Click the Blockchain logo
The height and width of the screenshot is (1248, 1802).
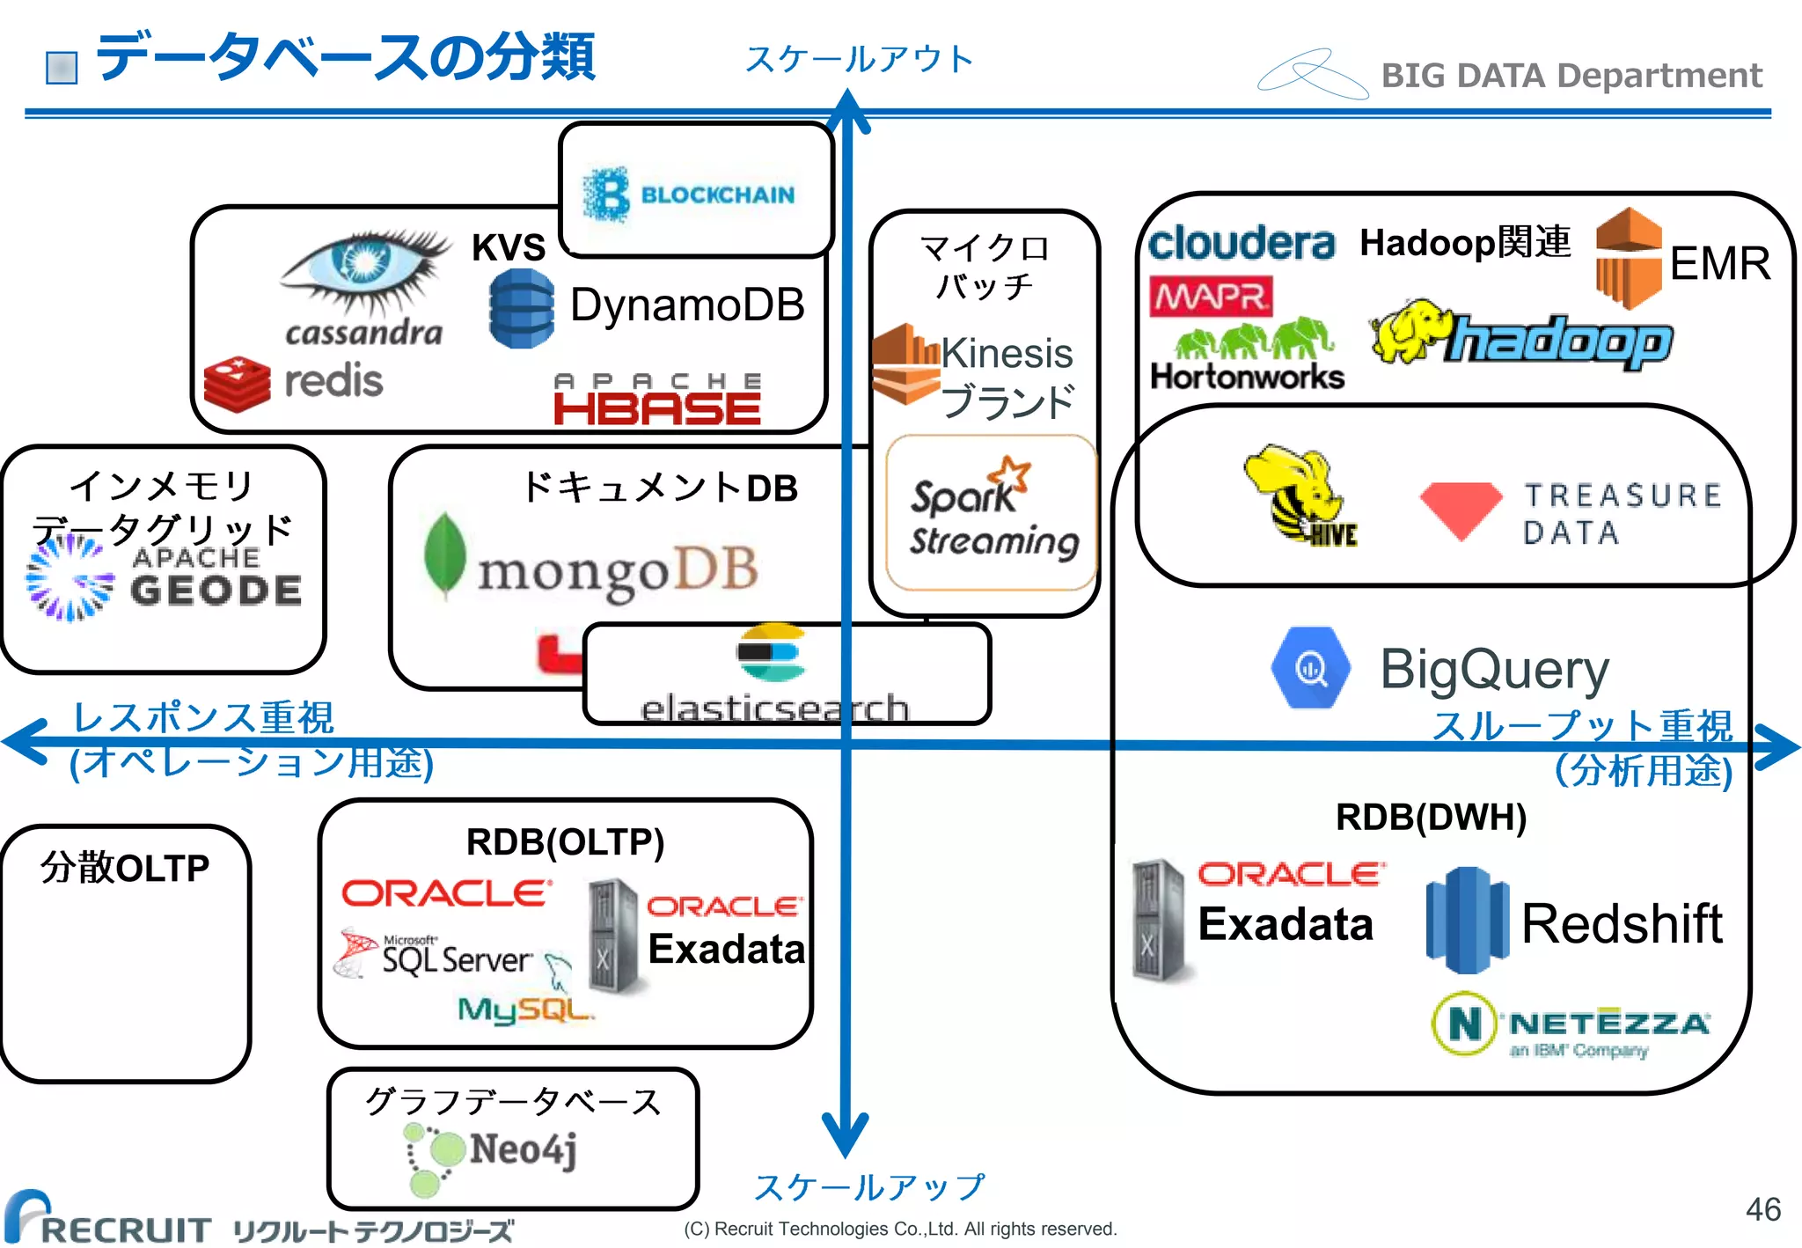691,194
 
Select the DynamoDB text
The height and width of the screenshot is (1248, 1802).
687,305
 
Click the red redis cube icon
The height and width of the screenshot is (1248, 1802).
236,385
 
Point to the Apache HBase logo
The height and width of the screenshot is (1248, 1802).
657,400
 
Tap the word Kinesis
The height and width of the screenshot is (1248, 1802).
1007,354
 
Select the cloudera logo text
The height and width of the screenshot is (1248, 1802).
1241,243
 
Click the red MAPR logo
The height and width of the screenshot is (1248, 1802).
1211,297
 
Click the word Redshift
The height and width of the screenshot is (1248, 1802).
1622,924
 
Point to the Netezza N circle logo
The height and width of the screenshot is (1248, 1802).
1464,1024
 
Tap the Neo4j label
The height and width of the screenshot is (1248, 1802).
523,1149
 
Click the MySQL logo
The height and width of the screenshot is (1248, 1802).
525,1009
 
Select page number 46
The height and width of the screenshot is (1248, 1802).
1762,1209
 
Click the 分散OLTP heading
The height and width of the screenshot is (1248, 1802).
125,869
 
